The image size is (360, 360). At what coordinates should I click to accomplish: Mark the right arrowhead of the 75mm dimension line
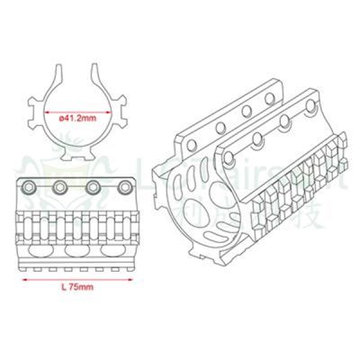tap(130, 279)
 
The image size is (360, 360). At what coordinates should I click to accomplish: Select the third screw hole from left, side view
tap(92, 187)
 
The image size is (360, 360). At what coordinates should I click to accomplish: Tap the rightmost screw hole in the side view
tap(121, 187)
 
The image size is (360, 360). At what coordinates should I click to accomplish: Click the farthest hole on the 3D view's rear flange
tap(268, 94)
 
